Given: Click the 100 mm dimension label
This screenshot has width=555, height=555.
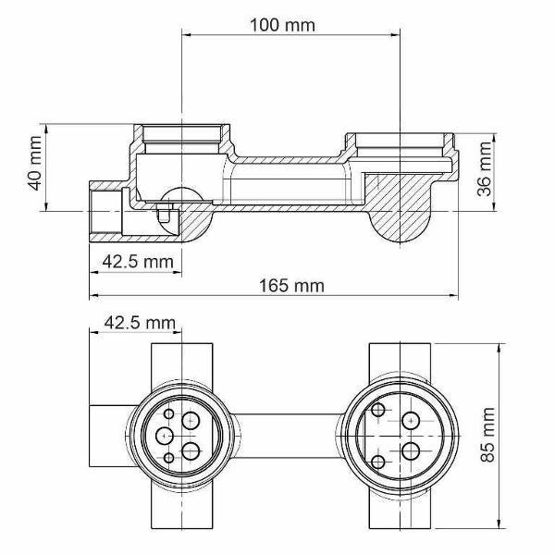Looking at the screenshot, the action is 282,25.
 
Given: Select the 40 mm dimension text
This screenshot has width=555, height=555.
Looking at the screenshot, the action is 35,163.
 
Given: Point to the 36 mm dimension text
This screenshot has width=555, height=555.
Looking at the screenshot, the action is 484,169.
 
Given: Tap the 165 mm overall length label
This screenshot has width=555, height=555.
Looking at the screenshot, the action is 291,286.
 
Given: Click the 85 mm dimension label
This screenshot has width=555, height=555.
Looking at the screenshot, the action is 487,435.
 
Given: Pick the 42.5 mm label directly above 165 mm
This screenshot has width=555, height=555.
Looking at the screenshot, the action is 138,262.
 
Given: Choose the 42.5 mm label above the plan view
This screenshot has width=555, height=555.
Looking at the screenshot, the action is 140,323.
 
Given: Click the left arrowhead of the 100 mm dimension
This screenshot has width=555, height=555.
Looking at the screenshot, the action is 187,35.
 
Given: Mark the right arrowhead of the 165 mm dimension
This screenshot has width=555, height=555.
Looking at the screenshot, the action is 453,295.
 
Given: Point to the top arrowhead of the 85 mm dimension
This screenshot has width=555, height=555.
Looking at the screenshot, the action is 499,348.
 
